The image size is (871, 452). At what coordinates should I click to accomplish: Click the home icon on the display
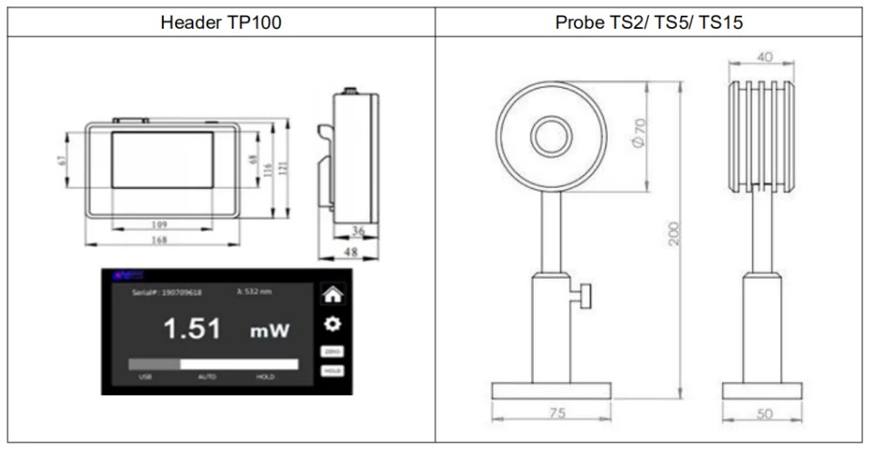tap(332, 294)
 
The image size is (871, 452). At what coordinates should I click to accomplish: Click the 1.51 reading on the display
tap(192, 329)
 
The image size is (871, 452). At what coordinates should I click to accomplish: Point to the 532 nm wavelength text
tap(255, 289)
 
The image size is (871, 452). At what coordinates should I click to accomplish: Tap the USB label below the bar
tap(145, 377)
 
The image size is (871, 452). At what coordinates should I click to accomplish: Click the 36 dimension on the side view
tap(358, 231)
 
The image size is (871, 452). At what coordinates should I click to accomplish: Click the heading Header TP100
tap(221, 23)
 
